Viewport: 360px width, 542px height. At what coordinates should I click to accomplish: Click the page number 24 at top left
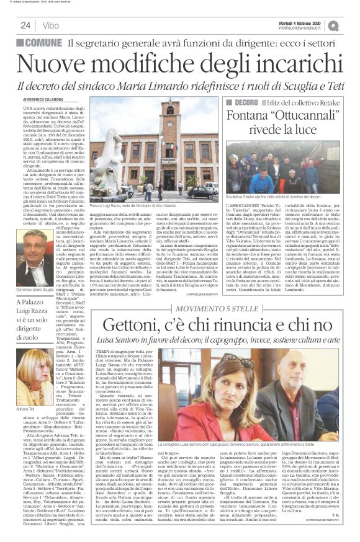(x=25, y=25)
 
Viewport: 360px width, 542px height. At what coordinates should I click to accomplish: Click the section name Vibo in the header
(x=53, y=25)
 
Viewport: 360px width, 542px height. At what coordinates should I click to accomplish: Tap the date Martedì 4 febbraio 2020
(x=311, y=22)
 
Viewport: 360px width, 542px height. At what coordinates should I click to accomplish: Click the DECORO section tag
(x=246, y=102)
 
